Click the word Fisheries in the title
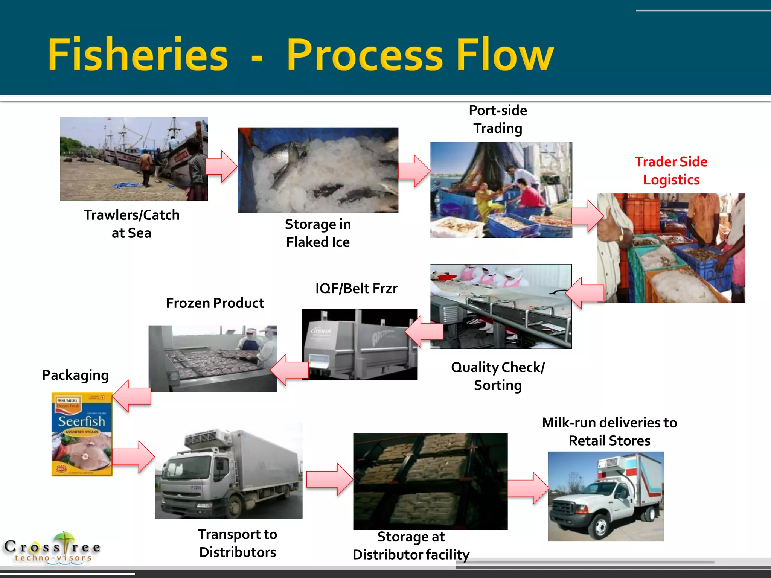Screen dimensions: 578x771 click(138, 55)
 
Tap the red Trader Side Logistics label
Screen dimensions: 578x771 click(671, 171)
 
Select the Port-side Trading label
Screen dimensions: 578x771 click(497, 119)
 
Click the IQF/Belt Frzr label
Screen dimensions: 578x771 click(356, 289)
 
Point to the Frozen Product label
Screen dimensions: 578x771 click(215, 303)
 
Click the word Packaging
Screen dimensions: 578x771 click(75, 375)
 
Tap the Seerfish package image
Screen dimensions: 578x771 click(82, 434)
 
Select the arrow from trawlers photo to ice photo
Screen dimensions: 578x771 click(222, 166)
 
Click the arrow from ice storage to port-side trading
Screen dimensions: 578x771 click(414, 171)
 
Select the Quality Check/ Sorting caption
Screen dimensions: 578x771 click(497, 376)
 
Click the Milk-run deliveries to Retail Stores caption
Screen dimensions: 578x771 click(609, 432)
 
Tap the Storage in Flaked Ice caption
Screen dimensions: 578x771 click(318, 233)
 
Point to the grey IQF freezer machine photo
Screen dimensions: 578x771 click(360, 344)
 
